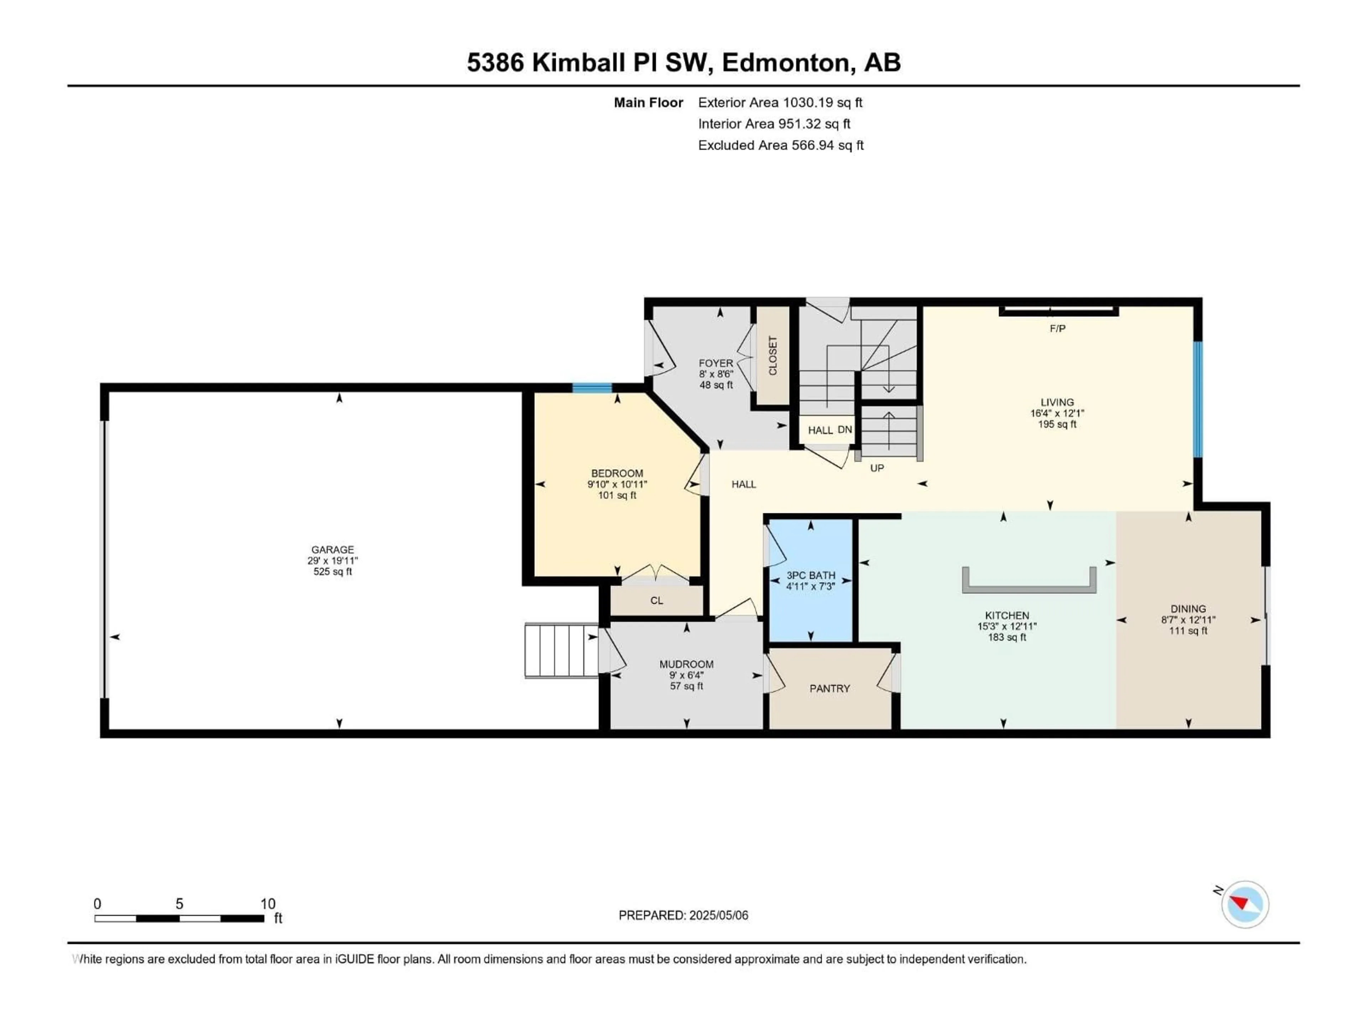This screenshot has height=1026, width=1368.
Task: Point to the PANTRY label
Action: point(829,688)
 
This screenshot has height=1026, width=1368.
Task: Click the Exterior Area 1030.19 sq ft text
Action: point(780,103)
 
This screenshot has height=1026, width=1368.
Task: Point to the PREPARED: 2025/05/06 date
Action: point(683,915)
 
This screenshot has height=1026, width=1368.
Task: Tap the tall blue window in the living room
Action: point(1197,399)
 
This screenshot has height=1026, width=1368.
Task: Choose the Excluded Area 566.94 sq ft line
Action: point(781,145)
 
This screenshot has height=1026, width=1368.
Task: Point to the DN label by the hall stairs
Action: point(844,429)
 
